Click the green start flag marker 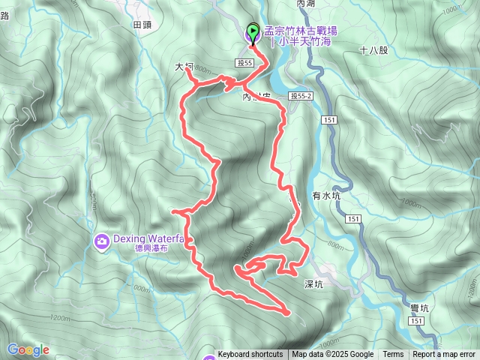point(252,31)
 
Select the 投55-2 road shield point(300,96)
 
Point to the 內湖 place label point(306,4)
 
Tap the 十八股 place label point(373,51)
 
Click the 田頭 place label point(142,25)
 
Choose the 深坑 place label point(313,284)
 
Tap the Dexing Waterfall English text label point(148,239)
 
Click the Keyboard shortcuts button point(250,355)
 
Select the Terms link point(393,355)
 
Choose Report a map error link point(444,355)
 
